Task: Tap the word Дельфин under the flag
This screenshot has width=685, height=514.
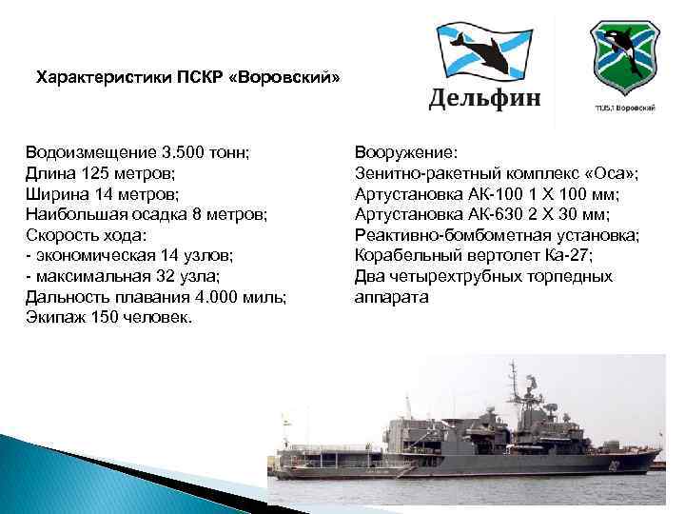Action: [484, 98]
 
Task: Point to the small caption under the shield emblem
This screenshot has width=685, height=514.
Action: [624, 109]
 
